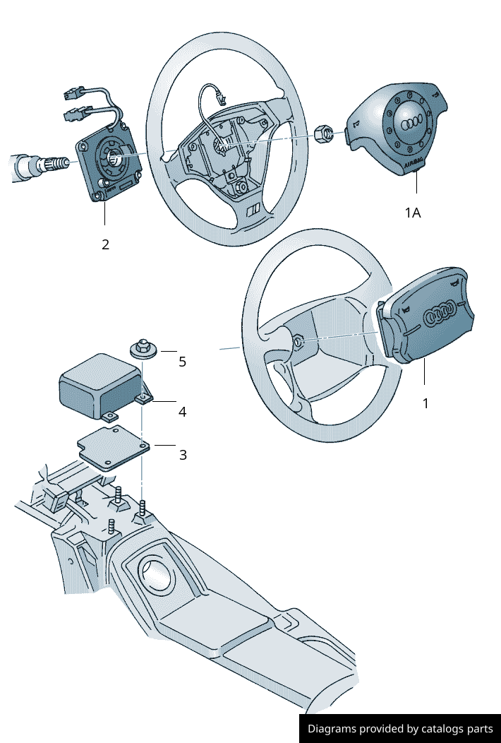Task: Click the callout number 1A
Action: tap(412, 212)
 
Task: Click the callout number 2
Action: tap(105, 244)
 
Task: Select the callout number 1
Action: tap(425, 403)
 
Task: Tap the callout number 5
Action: tap(182, 362)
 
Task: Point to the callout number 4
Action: tap(182, 411)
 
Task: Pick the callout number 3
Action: tap(183, 455)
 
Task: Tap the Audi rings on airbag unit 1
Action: tap(442, 311)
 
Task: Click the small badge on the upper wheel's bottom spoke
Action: tap(253, 209)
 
